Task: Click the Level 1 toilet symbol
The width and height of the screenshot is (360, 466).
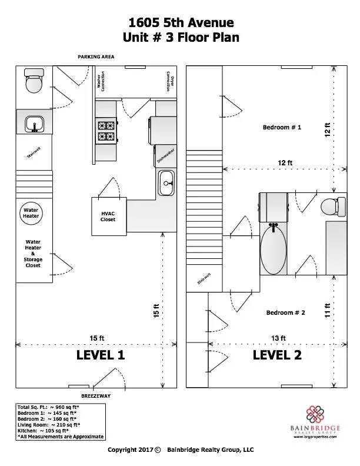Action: pos(34,80)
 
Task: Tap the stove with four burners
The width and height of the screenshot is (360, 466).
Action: pos(106,131)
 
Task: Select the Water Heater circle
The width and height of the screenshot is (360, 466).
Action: pos(31,213)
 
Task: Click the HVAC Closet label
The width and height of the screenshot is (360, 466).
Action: pos(108,217)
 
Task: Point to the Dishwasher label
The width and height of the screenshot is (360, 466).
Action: pos(166,155)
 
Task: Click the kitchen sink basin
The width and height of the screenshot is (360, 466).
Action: pos(166,183)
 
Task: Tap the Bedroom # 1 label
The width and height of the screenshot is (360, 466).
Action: pos(282,127)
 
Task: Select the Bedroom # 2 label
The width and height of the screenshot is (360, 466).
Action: pos(285,312)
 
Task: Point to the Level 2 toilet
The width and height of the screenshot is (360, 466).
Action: pos(334,207)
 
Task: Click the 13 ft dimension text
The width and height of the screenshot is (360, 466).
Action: pos(278,338)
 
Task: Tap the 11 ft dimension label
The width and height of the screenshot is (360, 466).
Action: pos(327,310)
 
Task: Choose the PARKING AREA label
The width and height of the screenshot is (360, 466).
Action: pos(96,56)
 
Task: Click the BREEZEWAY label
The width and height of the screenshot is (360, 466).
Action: pos(96,396)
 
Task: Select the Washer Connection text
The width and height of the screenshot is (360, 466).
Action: pos(101,81)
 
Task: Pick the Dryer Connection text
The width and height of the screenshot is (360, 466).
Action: pos(170,81)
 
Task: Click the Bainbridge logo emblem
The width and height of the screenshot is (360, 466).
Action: pos(315,414)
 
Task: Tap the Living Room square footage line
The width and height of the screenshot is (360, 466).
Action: pos(49,425)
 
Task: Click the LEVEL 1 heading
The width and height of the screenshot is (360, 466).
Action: pos(101,355)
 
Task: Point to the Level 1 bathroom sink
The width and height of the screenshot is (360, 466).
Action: pos(35,124)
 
